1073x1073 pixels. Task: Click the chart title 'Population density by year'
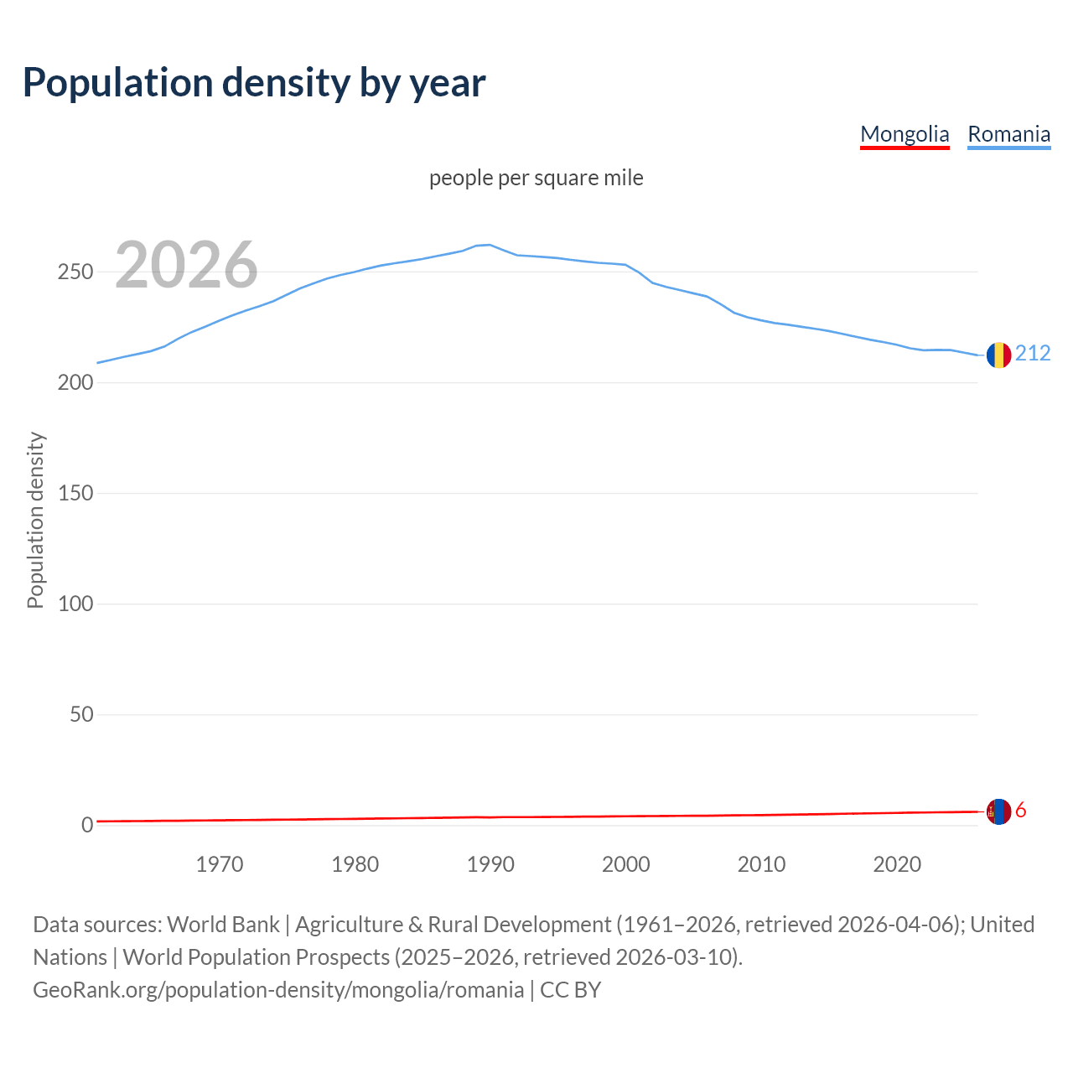tap(254, 83)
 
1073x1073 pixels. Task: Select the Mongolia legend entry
tap(905, 134)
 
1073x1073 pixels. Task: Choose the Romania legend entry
tap(1008, 134)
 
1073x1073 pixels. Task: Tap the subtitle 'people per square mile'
tap(536, 179)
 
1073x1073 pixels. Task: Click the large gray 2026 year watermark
tap(186, 265)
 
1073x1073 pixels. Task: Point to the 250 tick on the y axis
tap(75, 272)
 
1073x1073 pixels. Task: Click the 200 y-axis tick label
tap(75, 383)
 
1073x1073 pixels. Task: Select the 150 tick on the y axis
tap(75, 494)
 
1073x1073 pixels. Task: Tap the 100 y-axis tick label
tap(75, 604)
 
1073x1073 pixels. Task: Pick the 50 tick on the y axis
tap(80, 715)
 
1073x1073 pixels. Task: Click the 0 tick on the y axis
tap(86, 826)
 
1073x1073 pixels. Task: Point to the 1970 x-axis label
tap(220, 864)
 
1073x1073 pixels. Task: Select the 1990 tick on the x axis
tap(490, 864)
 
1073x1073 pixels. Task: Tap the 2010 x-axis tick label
tap(761, 864)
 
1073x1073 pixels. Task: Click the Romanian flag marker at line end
tap(998, 355)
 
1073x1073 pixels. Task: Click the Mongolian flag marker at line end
tap(998, 811)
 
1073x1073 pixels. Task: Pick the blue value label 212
tap(1033, 354)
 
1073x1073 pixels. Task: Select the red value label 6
tap(1021, 811)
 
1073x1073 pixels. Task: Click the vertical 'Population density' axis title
tap(35, 520)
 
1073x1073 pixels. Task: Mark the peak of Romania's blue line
tap(490, 245)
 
